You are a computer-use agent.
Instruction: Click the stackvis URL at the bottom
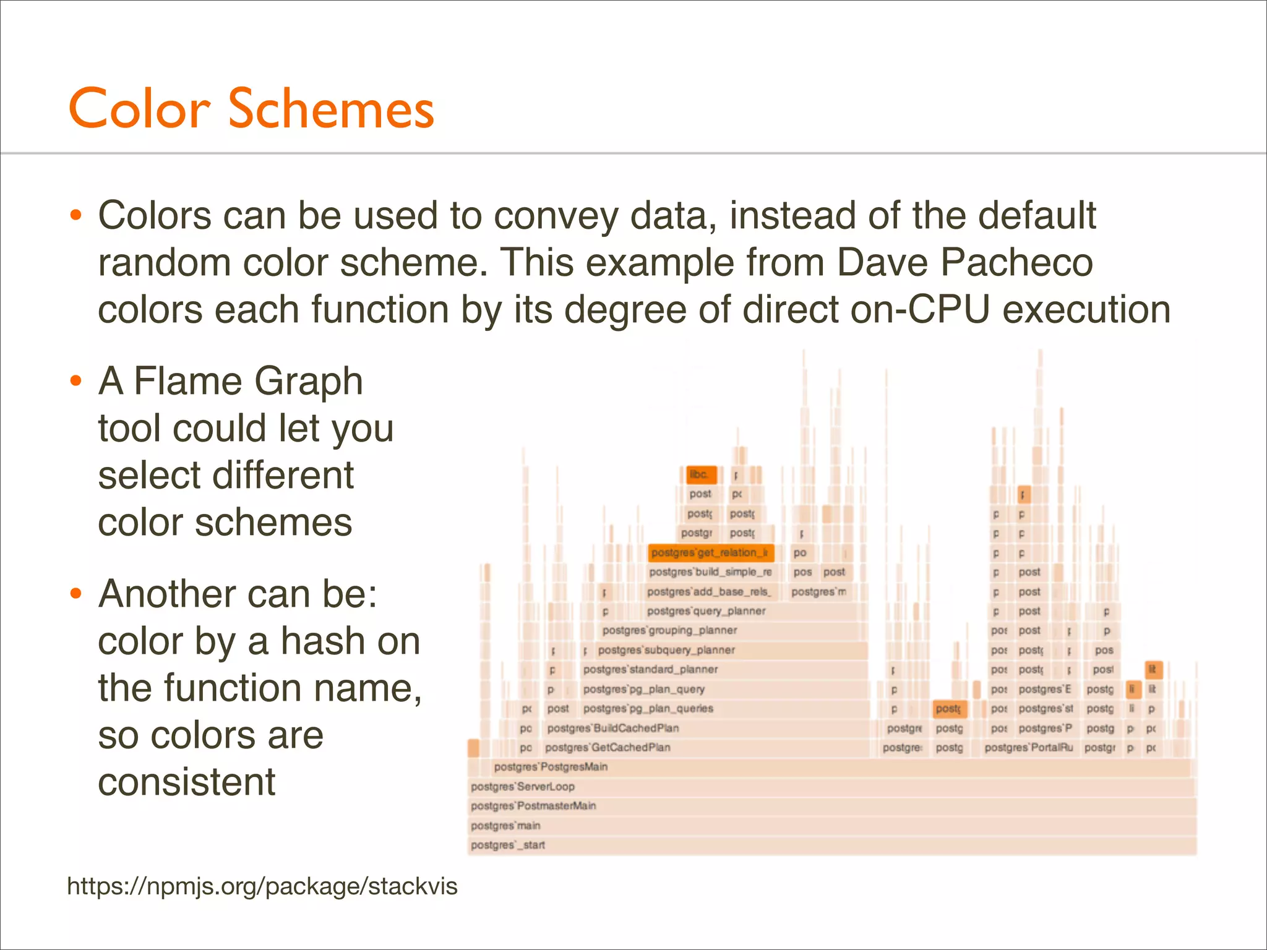click(262, 886)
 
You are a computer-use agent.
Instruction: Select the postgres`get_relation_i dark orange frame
click(710, 552)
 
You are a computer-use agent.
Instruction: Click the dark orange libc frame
click(700, 474)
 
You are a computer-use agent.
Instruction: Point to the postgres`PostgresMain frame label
click(551, 767)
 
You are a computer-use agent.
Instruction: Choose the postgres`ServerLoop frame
click(522, 787)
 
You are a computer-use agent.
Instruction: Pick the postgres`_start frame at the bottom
click(507, 845)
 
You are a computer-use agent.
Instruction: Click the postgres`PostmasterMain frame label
click(533, 806)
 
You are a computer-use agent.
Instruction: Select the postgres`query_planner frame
click(706, 611)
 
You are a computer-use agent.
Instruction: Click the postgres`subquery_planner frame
click(666, 650)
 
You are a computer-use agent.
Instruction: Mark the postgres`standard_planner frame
click(650, 669)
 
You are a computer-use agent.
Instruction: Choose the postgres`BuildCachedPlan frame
click(612, 728)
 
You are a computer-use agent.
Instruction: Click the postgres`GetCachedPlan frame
click(608, 747)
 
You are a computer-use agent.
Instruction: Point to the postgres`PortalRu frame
click(1028, 747)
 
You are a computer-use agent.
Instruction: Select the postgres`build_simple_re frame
click(710, 572)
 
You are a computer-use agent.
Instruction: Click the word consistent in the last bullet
click(186, 782)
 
